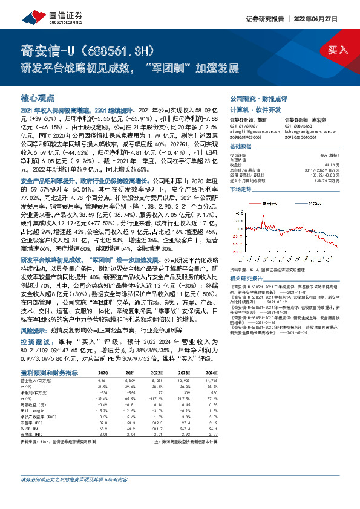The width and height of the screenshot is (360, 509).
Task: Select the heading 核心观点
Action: point(38,97)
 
